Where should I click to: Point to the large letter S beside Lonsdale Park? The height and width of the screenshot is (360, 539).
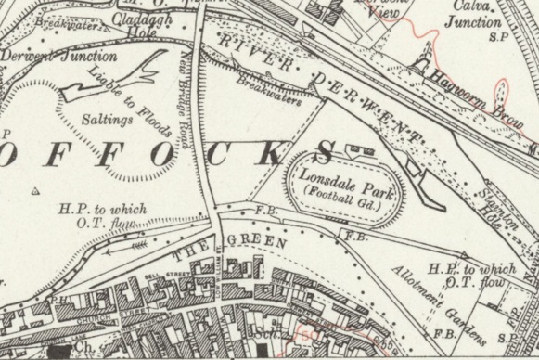point(327,151)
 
